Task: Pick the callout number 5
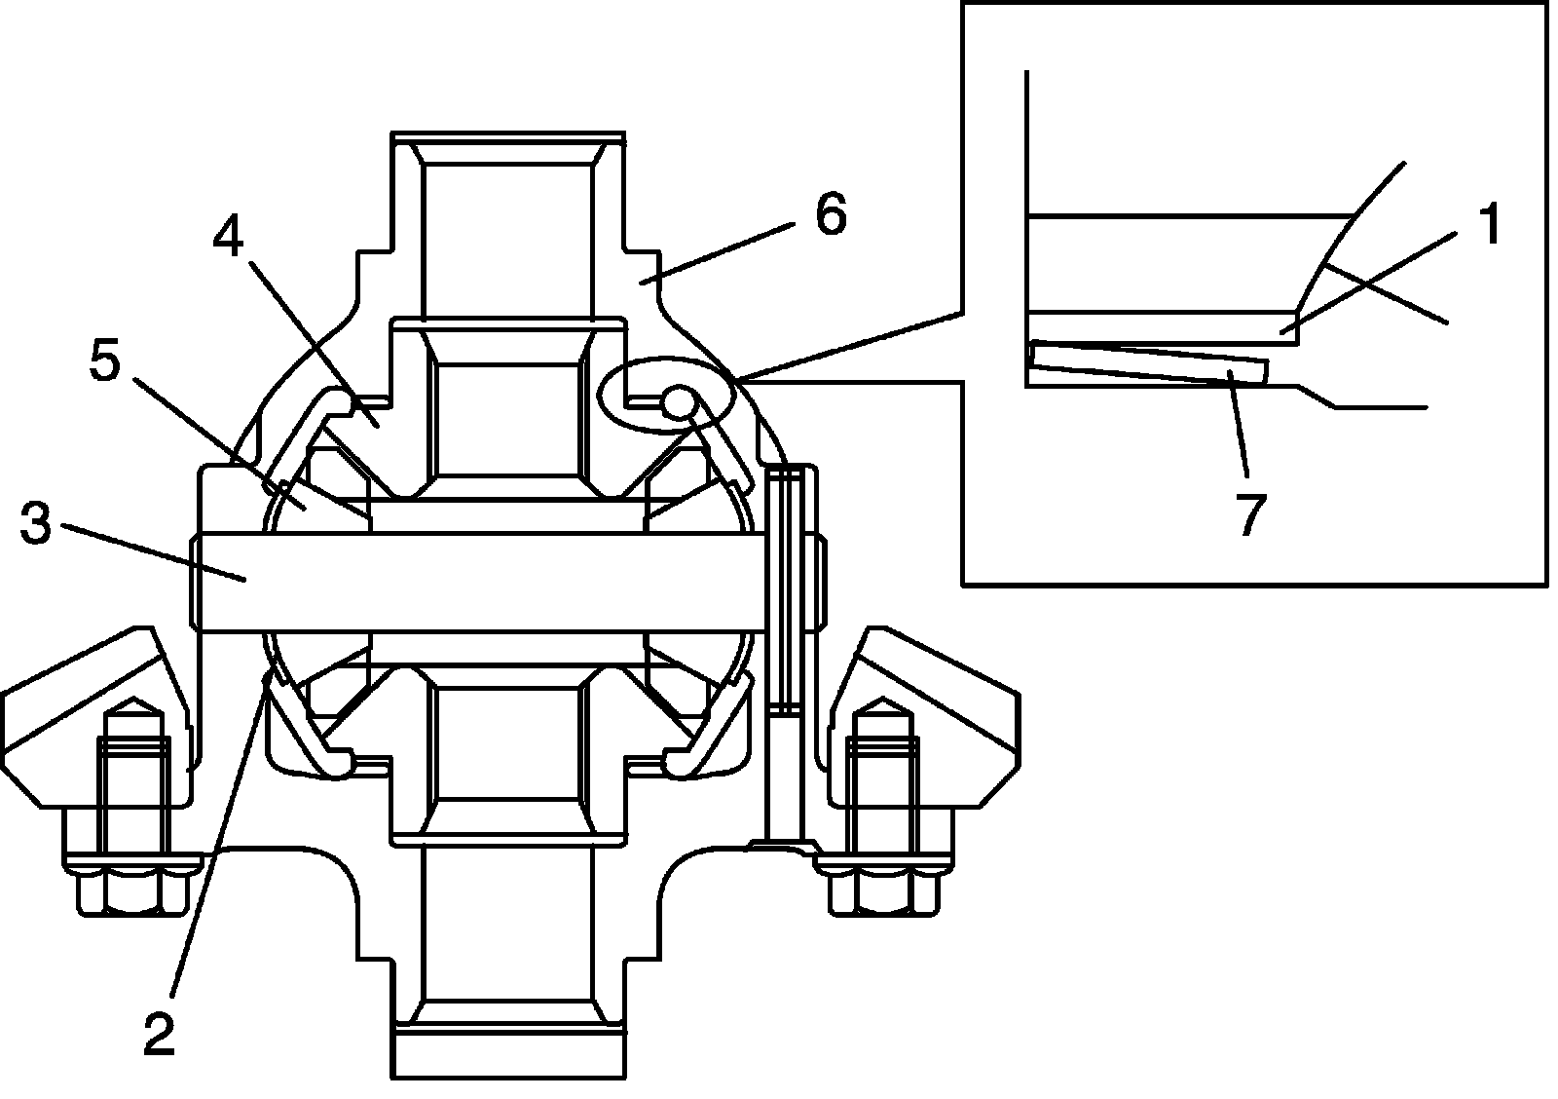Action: pyautogui.click(x=105, y=362)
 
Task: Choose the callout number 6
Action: pyautogui.click(x=830, y=214)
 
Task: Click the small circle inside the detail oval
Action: pyautogui.click(x=679, y=399)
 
